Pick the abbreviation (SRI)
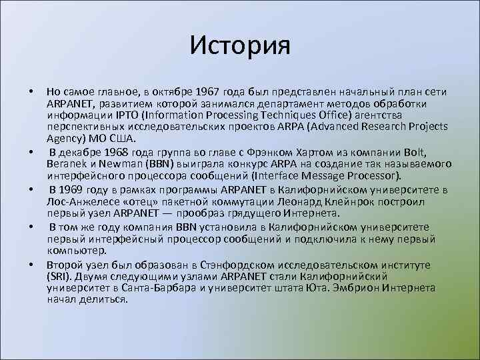click(x=59, y=277)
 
